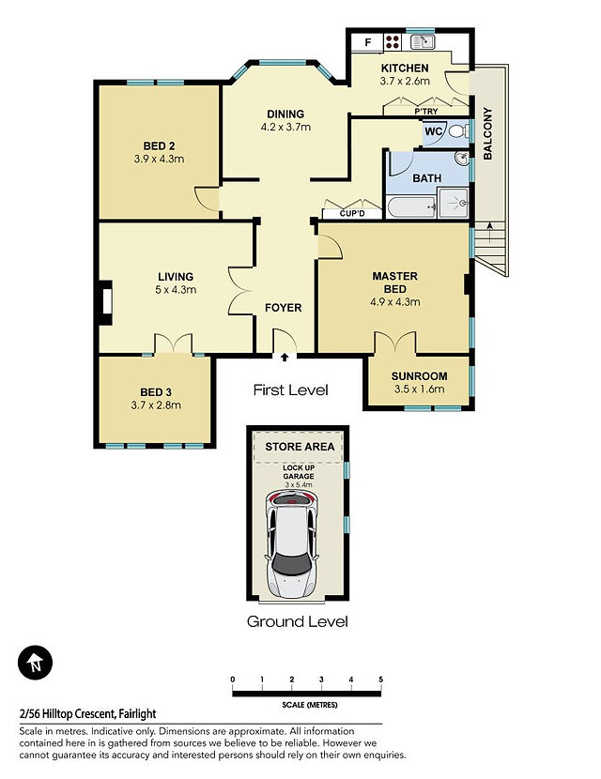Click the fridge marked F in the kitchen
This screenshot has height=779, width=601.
pyautogui.click(x=367, y=41)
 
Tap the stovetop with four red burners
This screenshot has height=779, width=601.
pyautogui.click(x=393, y=41)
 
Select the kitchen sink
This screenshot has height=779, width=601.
pyautogui.click(x=423, y=41)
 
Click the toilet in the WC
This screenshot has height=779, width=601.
pyautogui.click(x=459, y=131)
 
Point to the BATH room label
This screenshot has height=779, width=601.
pyautogui.click(x=427, y=178)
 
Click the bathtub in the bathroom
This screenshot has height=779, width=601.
pyautogui.click(x=411, y=206)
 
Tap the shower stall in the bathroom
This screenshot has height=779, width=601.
pyautogui.click(x=453, y=203)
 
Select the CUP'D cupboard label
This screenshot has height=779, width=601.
pyautogui.click(x=352, y=214)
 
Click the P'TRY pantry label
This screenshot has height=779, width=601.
pyautogui.click(x=426, y=112)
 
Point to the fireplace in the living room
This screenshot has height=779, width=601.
pyautogui.click(x=105, y=302)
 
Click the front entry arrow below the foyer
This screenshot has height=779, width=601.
pyautogui.click(x=285, y=357)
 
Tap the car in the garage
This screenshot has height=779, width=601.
pyautogui.click(x=291, y=543)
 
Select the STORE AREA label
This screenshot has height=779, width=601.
pyautogui.click(x=300, y=447)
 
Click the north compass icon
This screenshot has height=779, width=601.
pyautogui.click(x=36, y=663)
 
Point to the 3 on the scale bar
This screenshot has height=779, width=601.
pyautogui.click(x=321, y=680)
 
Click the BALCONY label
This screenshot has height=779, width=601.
pyautogui.click(x=487, y=133)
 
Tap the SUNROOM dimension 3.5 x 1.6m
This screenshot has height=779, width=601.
pyautogui.click(x=419, y=389)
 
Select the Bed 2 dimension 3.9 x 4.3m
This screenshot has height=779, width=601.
pyautogui.click(x=159, y=159)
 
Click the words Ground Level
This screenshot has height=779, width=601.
pyautogui.click(x=298, y=621)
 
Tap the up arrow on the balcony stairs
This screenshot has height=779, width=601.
pyautogui.click(x=490, y=233)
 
